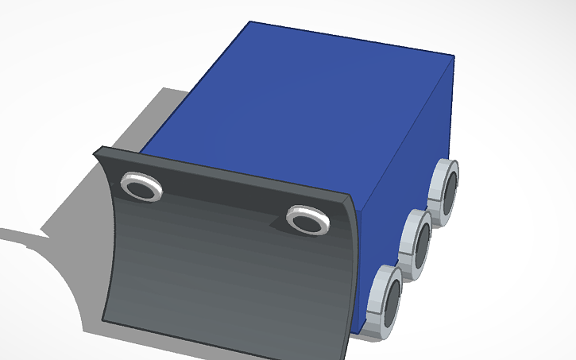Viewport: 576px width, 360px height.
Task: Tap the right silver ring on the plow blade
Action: point(307,220)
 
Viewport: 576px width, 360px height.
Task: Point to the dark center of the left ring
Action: point(143,188)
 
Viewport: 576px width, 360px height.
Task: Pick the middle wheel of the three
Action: point(416,244)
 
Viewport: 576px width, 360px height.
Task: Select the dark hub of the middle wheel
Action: point(422,243)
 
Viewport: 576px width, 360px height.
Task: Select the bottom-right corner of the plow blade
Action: point(348,358)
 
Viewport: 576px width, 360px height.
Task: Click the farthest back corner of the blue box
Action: point(251,21)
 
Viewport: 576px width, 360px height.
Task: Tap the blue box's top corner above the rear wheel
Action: point(454,57)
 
